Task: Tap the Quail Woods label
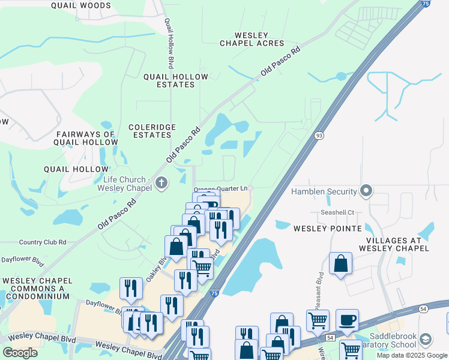pyautogui.click(x=81, y=5)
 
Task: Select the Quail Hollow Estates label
pyautogui.click(x=175, y=80)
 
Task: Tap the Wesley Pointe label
pyautogui.click(x=327, y=229)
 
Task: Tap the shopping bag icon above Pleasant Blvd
pyautogui.click(x=340, y=263)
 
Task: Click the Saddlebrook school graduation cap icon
pyautogui.click(x=425, y=339)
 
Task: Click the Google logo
pyautogui.click(x=20, y=353)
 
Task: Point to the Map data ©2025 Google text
pyautogui.click(x=412, y=355)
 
